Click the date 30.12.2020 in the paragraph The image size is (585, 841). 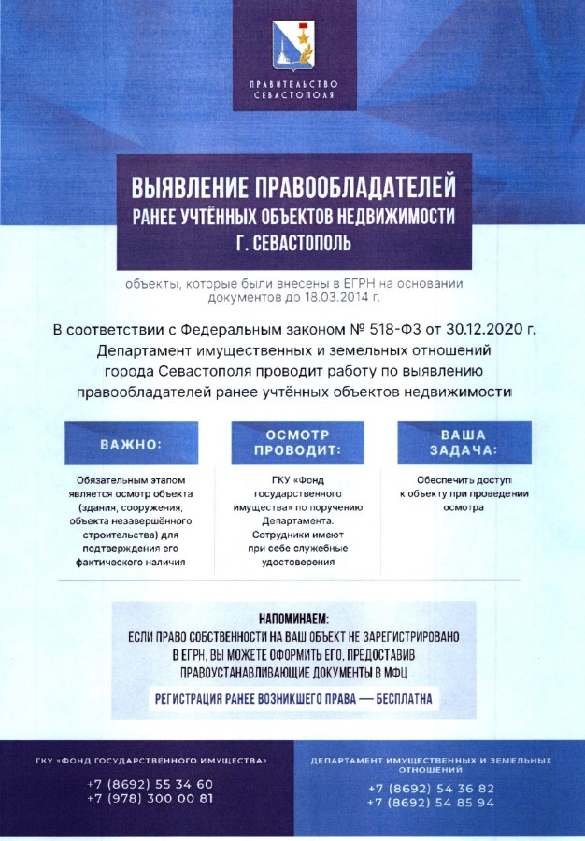pos(481,331)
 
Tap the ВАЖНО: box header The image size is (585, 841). pos(131,444)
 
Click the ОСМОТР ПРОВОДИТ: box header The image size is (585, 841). pos(297,442)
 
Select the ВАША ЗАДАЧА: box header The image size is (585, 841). pos(464,442)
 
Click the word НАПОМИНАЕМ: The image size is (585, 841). pos(293,619)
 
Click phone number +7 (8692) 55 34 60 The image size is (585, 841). pos(150,784)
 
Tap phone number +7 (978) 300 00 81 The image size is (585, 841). pos(150,798)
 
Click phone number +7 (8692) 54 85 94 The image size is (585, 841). pos(431,803)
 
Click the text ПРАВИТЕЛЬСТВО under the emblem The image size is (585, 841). pos(292,85)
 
